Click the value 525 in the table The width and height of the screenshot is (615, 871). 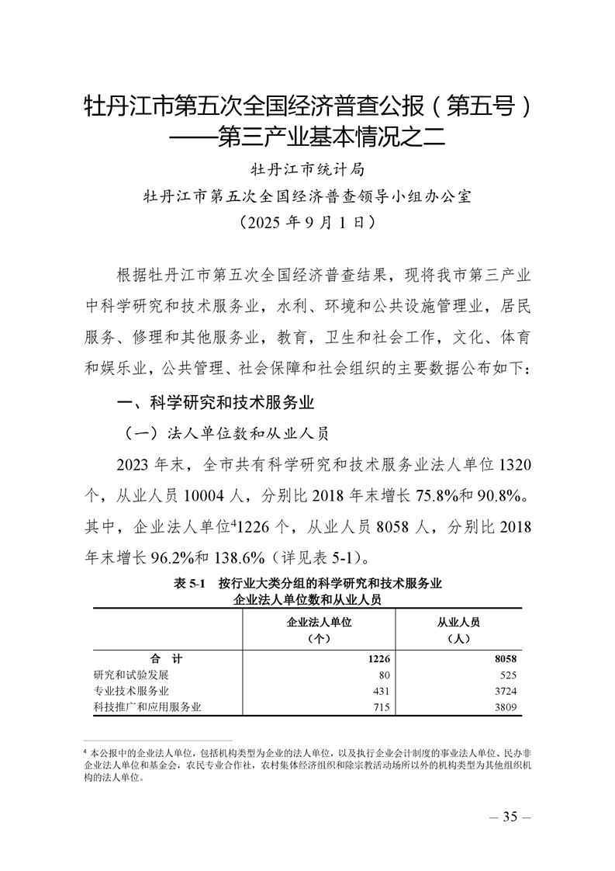pyautogui.click(x=508, y=675)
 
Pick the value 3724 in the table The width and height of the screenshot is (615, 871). pyautogui.click(x=504, y=690)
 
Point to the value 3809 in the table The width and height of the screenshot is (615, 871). pyautogui.click(x=504, y=706)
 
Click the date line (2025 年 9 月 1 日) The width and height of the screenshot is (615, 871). pyautogui.click(x=308, y=222)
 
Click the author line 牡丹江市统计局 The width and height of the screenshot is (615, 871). pyautogui.click(x=307, y=168)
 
